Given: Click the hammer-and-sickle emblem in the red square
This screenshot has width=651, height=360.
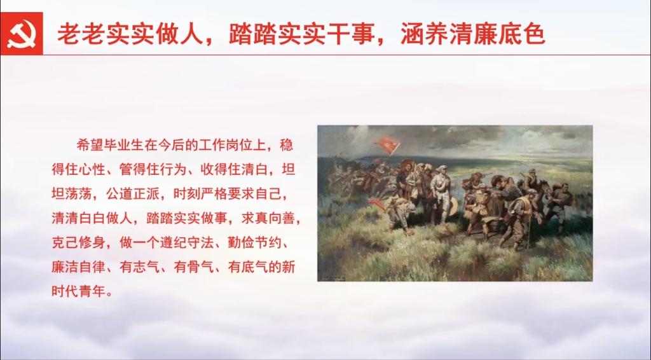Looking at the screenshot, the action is (21, 34).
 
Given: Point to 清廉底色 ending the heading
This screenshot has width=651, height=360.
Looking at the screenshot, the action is (498, 34).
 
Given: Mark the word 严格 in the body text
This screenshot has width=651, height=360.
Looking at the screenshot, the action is (214, 194).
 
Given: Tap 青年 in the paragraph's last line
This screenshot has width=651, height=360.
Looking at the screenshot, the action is (92, 291).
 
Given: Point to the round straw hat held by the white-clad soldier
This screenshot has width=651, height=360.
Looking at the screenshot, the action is (452, 206).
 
